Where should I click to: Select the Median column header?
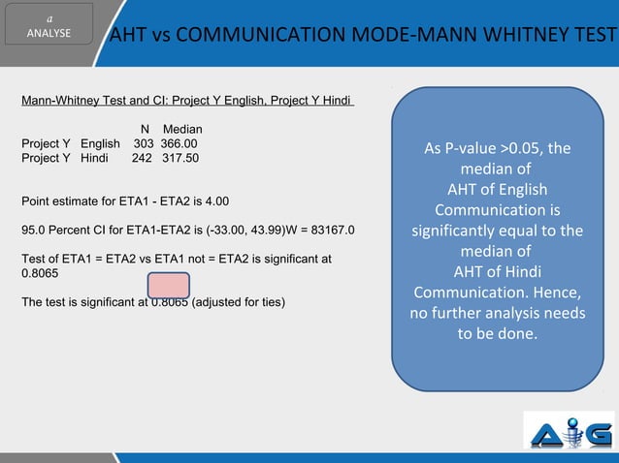[182, 129]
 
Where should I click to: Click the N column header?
[145, 129]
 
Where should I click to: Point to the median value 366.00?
[179, 143]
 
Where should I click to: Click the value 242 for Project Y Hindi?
[143, 158]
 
